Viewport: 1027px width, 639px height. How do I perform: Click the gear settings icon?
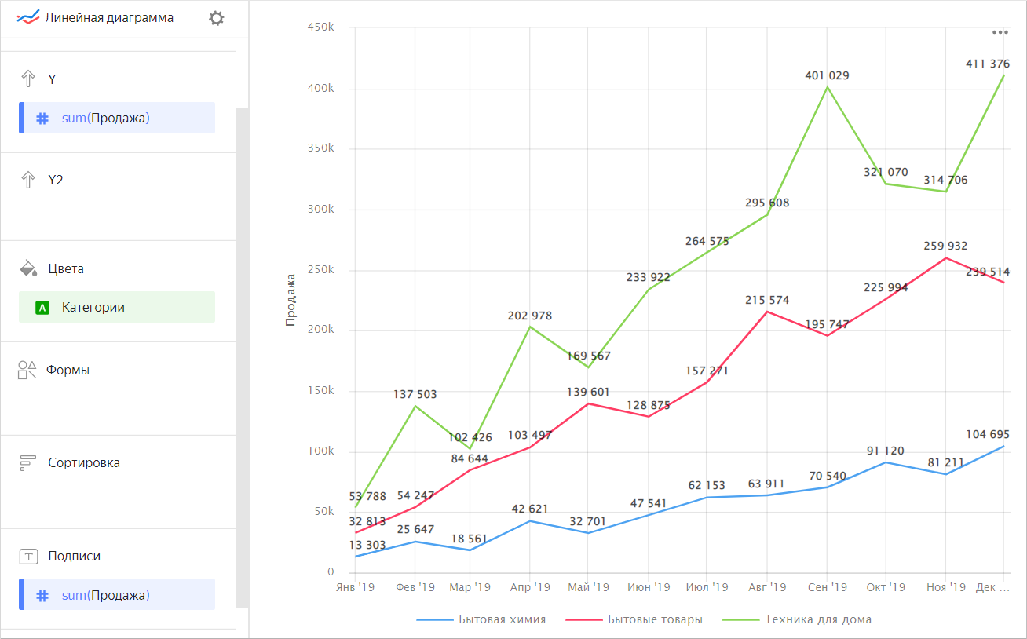[216, 18]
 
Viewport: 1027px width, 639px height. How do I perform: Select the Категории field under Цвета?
[93, 308]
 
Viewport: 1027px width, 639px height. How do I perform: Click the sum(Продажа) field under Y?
[105, 119]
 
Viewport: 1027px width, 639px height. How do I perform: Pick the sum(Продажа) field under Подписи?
[105, 595]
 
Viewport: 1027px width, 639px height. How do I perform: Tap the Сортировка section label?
[83, 463]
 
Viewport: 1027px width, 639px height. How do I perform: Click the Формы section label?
[68, 371]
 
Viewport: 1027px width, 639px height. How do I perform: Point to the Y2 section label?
[55, 181]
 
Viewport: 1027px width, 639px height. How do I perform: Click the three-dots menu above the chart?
[1000, 32]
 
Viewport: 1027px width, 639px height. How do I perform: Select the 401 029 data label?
[827, 76]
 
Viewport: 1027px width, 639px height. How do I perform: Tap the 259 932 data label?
[945, 246]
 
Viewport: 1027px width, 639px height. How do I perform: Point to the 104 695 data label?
[988, 435]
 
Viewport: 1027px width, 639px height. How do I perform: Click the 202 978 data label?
[530, 316]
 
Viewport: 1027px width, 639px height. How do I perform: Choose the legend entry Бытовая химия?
[502, 619]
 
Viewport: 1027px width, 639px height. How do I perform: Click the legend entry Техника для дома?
[818, 619]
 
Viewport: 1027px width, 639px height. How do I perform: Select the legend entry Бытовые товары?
[655, 619]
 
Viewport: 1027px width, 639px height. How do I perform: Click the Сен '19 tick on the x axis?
[827, 587]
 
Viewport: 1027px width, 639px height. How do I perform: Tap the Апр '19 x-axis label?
[530, 587]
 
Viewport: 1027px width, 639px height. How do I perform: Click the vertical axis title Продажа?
[291, 299]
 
